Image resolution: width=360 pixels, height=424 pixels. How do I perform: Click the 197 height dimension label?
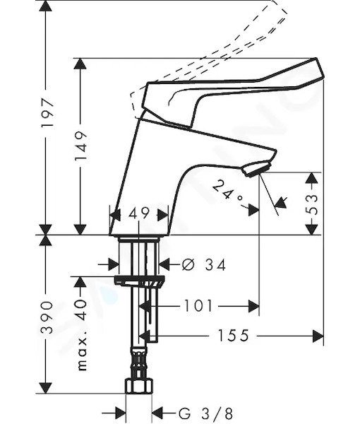[47, 113]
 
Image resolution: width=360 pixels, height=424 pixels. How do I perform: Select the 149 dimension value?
[81, 146]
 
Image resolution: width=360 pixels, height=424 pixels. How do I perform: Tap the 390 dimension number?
[47, 317]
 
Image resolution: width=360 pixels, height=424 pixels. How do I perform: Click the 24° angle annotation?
[227, 192]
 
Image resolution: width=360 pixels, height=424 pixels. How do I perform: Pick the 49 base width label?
[139, 213]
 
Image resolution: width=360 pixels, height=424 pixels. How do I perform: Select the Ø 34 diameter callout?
[203, 264]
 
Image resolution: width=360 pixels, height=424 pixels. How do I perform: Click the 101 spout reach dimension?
[198, 305]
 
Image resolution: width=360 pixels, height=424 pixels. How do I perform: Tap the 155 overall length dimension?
[233, 336]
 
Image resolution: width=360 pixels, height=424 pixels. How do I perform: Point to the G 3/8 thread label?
[205, 413]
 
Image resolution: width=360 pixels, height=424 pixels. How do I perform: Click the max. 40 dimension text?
[81, 334]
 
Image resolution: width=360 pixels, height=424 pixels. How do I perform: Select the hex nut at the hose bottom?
[139, 386]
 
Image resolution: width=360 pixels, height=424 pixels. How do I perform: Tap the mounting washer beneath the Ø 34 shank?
[139, 281]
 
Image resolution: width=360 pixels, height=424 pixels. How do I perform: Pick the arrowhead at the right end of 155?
[318, 336]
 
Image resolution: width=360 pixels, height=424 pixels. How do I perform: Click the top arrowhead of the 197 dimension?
[45, 6]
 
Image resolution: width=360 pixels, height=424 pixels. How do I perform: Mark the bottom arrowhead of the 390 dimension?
[45, 387]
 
